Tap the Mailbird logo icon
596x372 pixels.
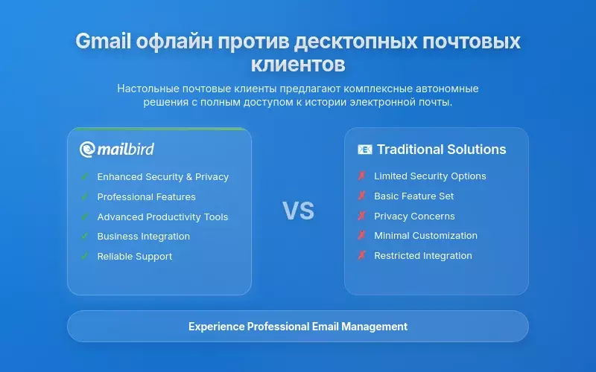click(x=88, y=150)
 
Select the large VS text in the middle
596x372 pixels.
click(x=298, y=211)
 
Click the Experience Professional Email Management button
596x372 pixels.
click(x=298, y=326)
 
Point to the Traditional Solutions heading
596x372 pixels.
click(x=441, y=150)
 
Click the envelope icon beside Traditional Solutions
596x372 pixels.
click(x=365, y=150)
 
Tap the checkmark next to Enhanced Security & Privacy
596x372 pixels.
click(x=84, y=177)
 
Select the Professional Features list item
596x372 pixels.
click(x=146, y=197)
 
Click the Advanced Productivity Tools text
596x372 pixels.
click(x=162, y=217)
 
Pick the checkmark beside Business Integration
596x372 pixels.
click(x=84, y=237)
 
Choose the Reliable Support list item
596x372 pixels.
click(x=134, y=257)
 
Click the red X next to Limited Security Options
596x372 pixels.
click(x=361, y=176)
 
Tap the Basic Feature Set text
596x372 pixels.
click(x=413, y=196)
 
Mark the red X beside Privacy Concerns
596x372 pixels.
click(x=361, y=217)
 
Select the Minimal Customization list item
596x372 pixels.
click(x=425, y=236)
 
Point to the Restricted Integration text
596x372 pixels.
click(x=422, y=256)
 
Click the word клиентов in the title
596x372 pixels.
click(x=298, y=64)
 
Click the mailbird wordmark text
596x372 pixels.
click(x=126, y=150)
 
